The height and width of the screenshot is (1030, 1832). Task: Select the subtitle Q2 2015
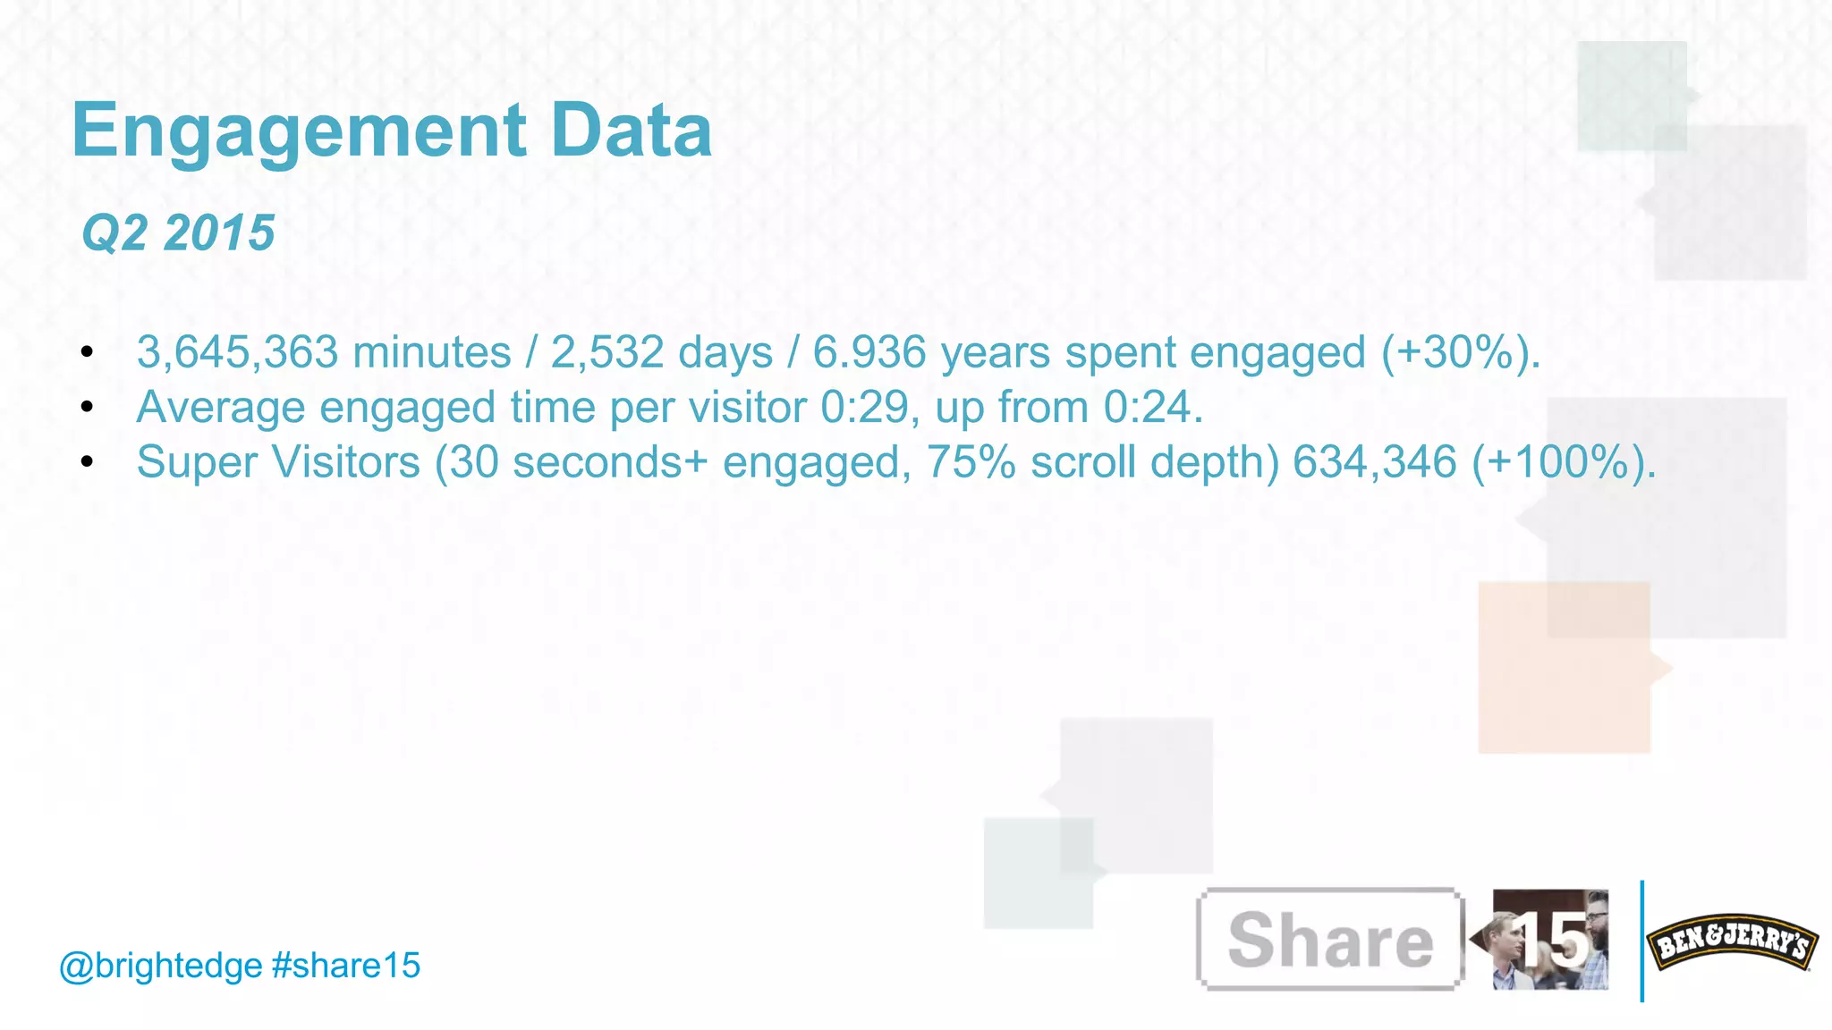tap(178, 233)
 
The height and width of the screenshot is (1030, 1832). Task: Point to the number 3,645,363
tap(237, 352)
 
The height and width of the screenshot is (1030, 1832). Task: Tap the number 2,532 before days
tap(606, 352)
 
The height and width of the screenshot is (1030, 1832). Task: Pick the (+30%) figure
tap(1460, 352)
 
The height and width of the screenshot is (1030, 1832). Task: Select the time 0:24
tap(1152, 408)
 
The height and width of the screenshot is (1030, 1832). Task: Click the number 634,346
tap(1375, 462)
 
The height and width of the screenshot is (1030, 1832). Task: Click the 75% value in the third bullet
tap(971, 462)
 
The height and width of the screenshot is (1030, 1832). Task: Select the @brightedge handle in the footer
tap(160, 966)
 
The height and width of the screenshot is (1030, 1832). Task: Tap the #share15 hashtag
tap(345, 966)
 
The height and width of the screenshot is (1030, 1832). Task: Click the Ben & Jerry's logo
tap(1732, 941)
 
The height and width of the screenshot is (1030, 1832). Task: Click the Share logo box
tap(1329, 940)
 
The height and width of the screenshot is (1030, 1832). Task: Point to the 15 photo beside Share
tap(1550, 940)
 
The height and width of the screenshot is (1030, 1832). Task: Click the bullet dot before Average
tap(87, 408)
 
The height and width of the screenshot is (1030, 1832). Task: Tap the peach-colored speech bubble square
tap(1564, 667)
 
